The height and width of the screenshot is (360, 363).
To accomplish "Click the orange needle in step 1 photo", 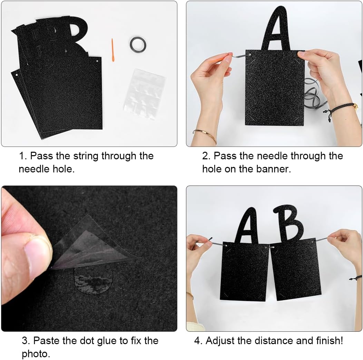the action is coord(113,50).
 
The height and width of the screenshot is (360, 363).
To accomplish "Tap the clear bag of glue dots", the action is coord(144,94).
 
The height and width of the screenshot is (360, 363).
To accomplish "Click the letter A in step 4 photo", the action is coord(246,226).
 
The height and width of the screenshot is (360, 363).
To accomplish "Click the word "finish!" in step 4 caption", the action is coord(330,341).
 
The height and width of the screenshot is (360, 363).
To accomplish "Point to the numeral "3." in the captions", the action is coord(26,341).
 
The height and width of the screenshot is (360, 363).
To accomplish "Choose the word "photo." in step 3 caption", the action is coord(36,354).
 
